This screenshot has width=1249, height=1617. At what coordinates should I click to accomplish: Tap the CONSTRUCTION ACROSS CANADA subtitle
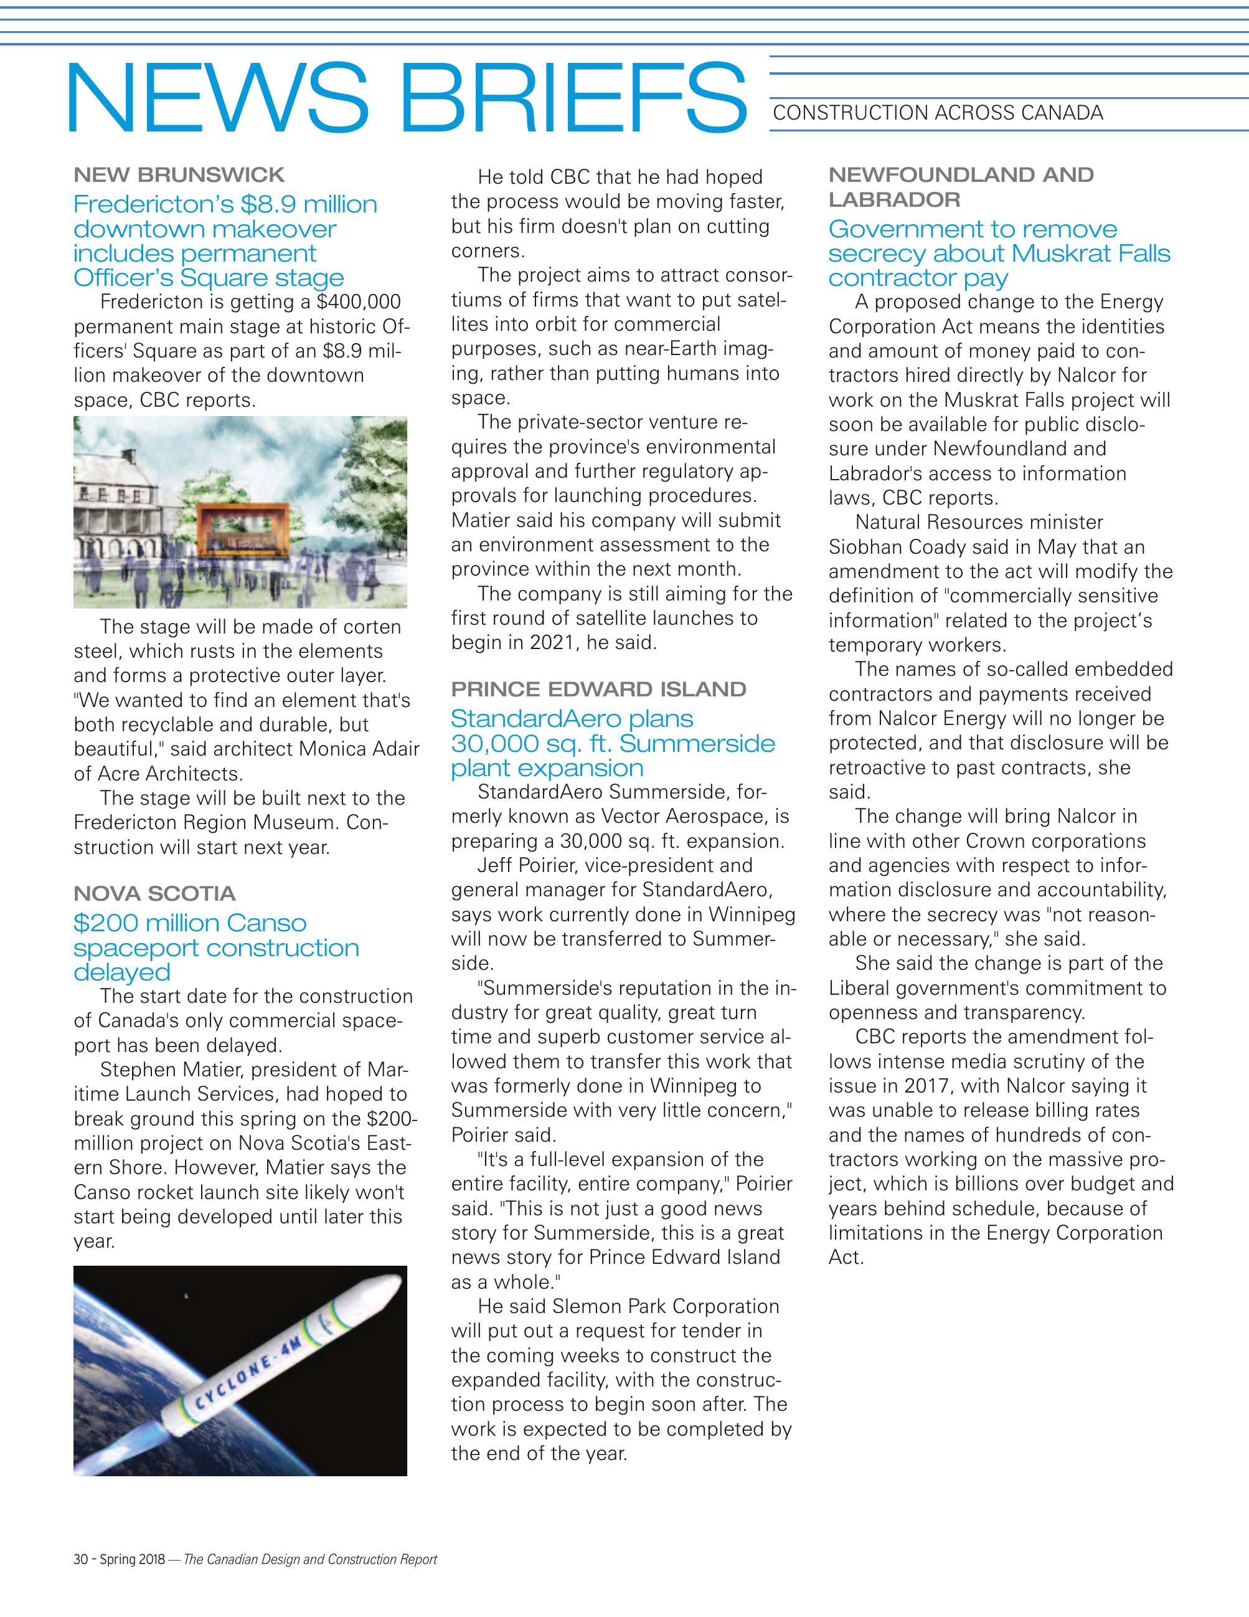tap(938, 113)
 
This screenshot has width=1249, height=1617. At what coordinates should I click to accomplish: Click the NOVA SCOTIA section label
tap(154, 894)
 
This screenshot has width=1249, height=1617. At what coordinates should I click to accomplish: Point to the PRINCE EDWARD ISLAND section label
tap(598, 690)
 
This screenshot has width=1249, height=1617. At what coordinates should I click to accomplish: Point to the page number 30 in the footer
tap(80, 1559)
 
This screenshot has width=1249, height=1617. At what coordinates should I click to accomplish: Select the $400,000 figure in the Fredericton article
tap(358, 302)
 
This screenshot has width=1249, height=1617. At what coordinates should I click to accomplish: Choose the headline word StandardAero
tap(571, 719)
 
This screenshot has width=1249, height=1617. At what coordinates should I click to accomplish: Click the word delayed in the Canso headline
tap(121, 972)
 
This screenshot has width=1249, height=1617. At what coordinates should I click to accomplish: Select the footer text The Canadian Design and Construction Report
tap(310, 1559)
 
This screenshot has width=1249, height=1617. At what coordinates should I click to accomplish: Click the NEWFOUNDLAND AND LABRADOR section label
tap(961, 187)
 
